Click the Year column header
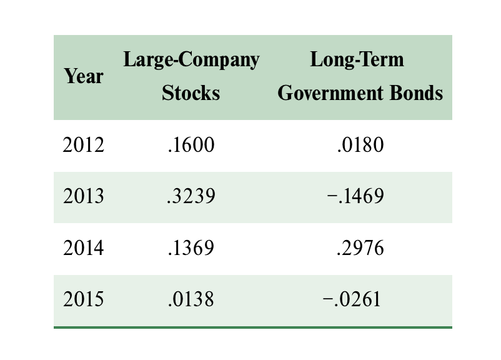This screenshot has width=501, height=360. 84,77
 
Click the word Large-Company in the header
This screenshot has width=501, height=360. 191,60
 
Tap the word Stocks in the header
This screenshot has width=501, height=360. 191,93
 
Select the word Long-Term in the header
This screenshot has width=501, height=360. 357,60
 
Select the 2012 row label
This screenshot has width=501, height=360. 84,145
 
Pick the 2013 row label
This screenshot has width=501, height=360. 84,196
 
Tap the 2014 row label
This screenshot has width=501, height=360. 84,248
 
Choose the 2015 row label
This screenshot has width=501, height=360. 84,299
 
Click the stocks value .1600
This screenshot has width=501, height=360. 191,145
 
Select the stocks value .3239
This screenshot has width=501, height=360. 191,196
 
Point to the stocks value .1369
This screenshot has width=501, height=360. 191,248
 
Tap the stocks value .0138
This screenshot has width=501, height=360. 191,299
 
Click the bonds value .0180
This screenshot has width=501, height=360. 360,145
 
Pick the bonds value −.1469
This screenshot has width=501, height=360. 355,196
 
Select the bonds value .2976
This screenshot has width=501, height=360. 360,248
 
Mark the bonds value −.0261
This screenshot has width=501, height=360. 352,299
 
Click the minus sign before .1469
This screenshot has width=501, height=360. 332,196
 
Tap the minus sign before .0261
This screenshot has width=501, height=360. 327,299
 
